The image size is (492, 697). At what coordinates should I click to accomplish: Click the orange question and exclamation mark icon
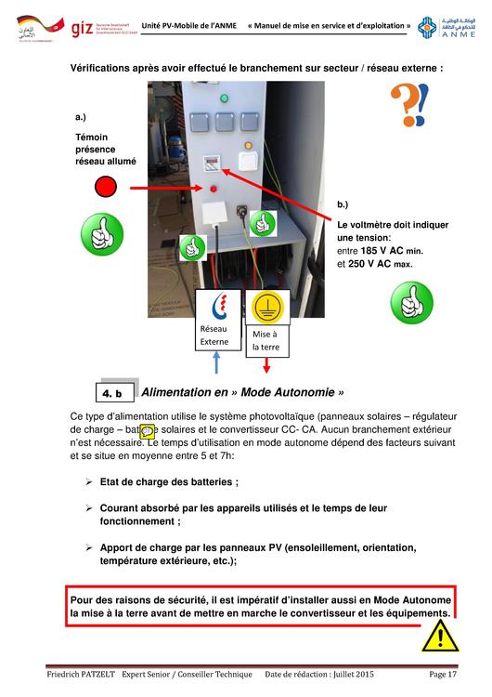pyautogui.click(x=407, y=104)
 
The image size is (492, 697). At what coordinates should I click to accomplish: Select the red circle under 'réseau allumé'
pyautogui.click(x=106, y=189)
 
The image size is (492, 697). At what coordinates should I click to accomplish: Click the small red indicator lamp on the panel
pyautogui.click(x=214, y=190)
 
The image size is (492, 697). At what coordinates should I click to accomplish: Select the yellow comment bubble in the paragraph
pyautogui.click(x=147, y=430)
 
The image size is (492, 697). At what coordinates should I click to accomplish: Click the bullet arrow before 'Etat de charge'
pyautogui.click(x=90, y=481)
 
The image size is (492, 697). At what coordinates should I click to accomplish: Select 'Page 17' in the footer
pyautogui.click(x=443, y=673)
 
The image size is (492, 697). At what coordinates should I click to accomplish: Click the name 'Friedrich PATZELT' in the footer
pyautogui.click(x=88, y=673)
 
